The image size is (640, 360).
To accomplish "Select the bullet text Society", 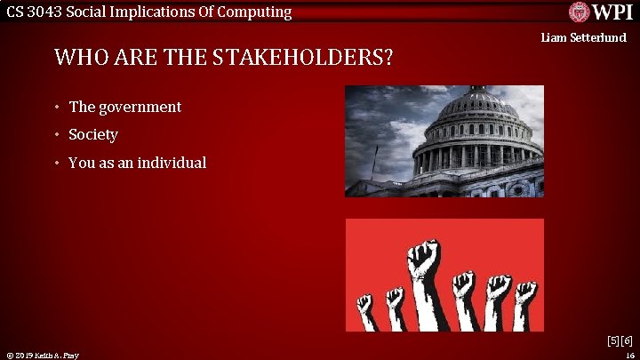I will click(x=93, y=135).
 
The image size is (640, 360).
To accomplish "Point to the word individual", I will click(x=172, y=163).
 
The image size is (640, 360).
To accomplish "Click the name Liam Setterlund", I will click(x=584, y=37).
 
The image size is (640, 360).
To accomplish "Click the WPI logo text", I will click(x=612, y=12).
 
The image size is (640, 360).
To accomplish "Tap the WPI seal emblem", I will click(x=580, y=12).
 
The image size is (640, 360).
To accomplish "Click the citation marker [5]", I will click(x=612, y=340).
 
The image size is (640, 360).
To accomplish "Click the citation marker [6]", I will click(x=626, y=340).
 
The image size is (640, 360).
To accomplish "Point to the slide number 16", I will click(x=628, y=355).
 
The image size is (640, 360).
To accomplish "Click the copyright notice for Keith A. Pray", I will click(x=42, y=355).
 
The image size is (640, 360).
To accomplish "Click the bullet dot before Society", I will click(x=55, y=135).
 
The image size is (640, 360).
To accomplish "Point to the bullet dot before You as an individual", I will click(x=55, y=164).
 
